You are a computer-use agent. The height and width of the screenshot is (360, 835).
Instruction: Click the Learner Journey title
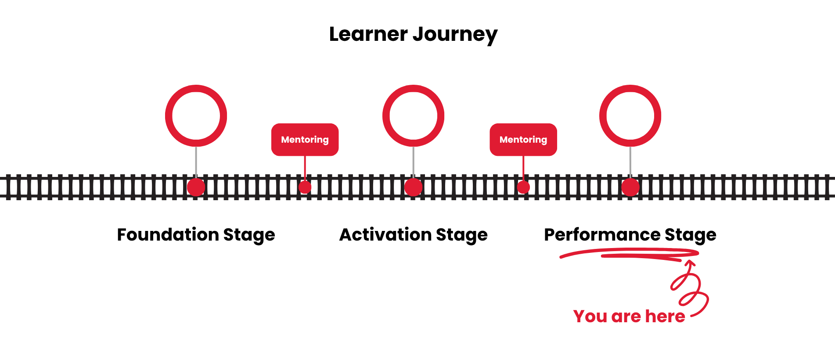tap(413, 34)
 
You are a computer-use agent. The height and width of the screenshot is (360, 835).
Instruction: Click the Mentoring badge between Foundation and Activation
tap(305, 140)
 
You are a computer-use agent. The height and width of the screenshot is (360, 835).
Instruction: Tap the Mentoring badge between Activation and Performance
tap(523, 140)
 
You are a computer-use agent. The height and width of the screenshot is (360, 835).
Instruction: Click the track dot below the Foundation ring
tap(196, 187)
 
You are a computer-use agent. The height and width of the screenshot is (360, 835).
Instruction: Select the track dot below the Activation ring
tap(413, 187)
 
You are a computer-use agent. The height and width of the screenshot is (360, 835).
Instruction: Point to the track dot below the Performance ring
tap(630, 187)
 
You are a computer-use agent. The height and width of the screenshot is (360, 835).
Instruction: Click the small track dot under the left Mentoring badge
tap(305, 187)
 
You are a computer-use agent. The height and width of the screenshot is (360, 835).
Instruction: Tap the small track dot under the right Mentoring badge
tap(523, 187)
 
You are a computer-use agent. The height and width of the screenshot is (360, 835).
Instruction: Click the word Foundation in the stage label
tap(168, 234)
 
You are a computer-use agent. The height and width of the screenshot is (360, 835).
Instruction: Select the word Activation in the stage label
tap(385, 234)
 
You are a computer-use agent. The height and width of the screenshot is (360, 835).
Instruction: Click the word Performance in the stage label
tap(602, 234)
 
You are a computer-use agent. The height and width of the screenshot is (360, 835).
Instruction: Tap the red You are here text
tap(629, 317)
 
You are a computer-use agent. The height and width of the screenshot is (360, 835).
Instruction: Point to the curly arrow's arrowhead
tap(690, 263)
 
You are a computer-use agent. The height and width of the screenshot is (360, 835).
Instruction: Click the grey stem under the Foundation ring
tap(196, 162)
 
